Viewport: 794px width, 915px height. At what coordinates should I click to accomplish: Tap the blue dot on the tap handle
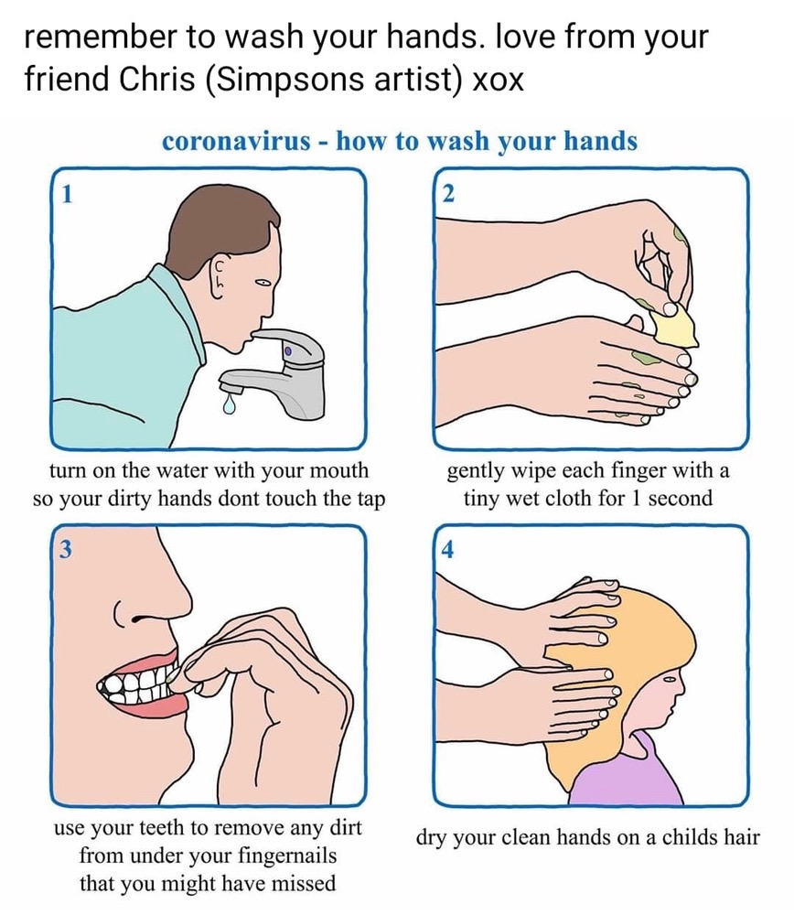coord(287,351)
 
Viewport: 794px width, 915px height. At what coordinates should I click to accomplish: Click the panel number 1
coord(67,194)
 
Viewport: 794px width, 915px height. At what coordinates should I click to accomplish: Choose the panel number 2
coord(448,194)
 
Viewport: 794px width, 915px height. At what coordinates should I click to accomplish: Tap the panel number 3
coord(67,549)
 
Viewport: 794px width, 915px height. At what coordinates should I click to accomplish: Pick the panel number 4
coord(447,549)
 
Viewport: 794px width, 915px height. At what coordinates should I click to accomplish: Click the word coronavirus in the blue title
coord(236,141)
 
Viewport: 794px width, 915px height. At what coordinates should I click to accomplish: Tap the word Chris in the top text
coord(157,80)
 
